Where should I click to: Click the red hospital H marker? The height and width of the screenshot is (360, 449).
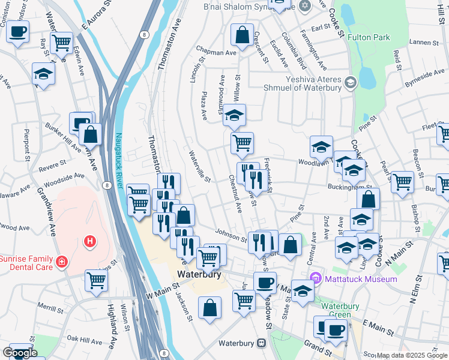pyautogui.click(x=90, y=241)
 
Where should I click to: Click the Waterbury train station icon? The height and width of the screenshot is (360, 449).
pyautogui.click(x=261, y=343)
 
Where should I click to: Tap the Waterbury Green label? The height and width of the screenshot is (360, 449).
pyautogui.click(x=340, y=310)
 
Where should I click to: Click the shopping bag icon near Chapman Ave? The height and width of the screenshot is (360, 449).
pyautogui.click(x=242, y=35)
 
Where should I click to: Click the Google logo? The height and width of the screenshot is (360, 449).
pyautogui.click(x=20, y=353)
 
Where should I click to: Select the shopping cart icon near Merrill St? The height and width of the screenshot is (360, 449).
pyautogui.click(x=96, y=280)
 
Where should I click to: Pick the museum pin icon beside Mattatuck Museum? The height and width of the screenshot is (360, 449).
pyautogui.click(x=316, y=279)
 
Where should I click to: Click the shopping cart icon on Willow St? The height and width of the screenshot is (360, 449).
pyautogui.click(x=242, y=143)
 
